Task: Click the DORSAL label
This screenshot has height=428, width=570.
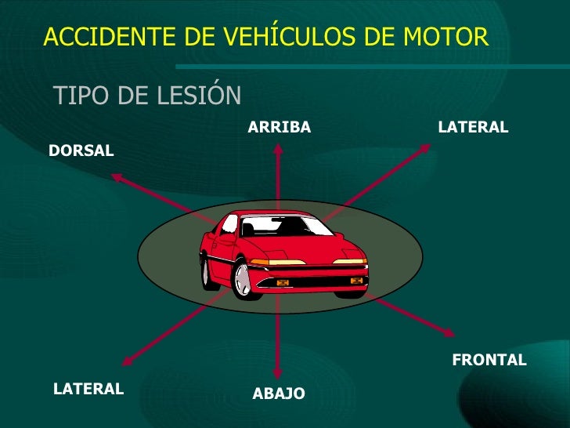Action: (x=81, y=151)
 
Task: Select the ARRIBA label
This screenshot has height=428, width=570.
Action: (x=280, y=127)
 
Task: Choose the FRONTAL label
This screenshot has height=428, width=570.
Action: (x=489, y=360)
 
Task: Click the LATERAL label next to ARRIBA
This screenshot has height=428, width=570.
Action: (x=473, y=127)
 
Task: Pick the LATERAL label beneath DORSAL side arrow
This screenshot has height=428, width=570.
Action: (x=88, y=388)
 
